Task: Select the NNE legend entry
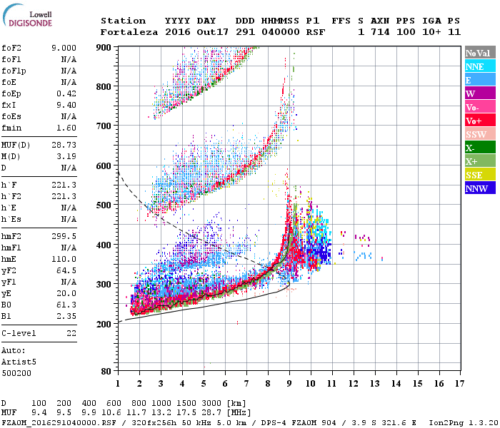pos(479,66)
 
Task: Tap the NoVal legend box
pos(479,53)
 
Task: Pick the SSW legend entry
pos(479,134)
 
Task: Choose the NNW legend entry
pos(479,188)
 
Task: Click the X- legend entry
pos(479,148)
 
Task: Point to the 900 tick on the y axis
pos(104,47)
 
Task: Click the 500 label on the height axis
pos(104,205)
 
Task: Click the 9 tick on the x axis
pos(289,384)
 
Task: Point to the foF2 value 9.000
pos(64,47)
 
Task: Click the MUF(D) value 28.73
pos(64,146)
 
